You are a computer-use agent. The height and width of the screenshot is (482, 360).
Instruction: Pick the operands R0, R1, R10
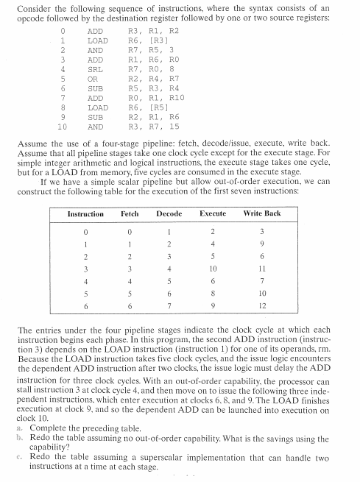coord(150,98)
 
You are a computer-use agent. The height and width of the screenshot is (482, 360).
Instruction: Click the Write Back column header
coord(262,213)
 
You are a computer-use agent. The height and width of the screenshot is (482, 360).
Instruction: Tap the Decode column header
coord(169,213)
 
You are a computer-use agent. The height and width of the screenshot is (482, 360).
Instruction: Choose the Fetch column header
coord(130,213)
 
